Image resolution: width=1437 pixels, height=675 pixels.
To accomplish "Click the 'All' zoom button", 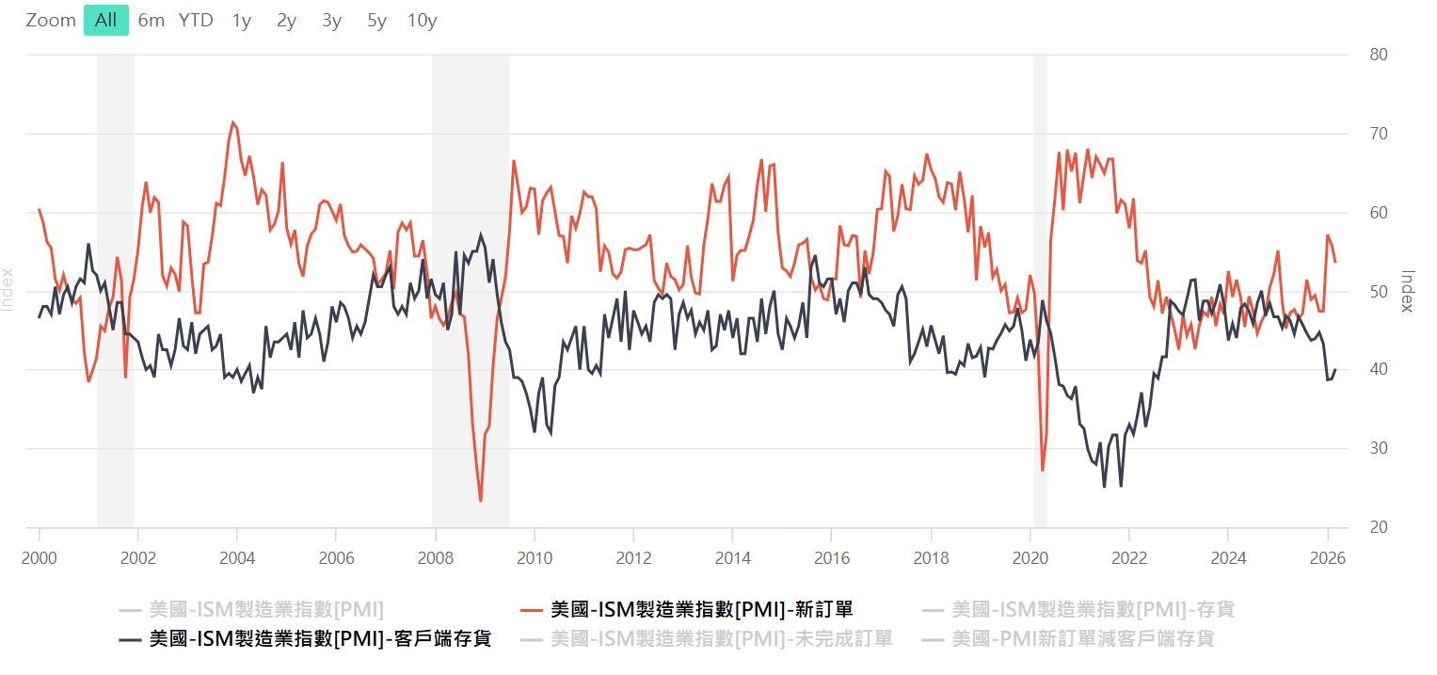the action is pyautogui.click(x=105, y=21).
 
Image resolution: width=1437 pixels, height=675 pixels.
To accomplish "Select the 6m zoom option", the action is pyautogui.click(x=152, y=21).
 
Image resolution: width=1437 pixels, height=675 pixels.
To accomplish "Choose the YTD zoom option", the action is pyautogui.click(x=196, y=21).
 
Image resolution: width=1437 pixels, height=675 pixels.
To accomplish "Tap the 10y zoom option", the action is pyautogui.click(x=423, y=21).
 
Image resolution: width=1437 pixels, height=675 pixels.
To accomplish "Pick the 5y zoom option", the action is pyautogui.click(x=376, y=21).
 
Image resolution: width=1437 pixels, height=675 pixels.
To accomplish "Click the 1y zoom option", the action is pyautogui.click(x=242, y=21).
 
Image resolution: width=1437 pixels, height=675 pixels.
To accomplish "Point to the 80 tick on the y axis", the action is pyautogui.click(x=1379, y=55).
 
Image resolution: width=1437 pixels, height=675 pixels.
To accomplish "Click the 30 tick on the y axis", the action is pyautogui.click(x=1379, y=448).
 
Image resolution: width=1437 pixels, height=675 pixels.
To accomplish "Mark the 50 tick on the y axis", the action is pyautogui.click(x=1379, y=292).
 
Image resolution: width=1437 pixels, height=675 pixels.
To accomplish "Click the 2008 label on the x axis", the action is pyautogui.click(x=436, y=558).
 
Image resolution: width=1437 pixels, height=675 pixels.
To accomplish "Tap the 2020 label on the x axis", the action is pyautogui.click(x=1030, y=558).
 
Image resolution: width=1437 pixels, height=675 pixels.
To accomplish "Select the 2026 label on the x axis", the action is pyautogui.click(x=1327, y=558).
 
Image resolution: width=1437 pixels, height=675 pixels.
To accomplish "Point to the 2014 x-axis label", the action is pyautogui.click(x=732, y=558).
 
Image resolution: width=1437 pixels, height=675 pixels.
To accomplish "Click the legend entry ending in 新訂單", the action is pyautogui.click(x=686, y=609).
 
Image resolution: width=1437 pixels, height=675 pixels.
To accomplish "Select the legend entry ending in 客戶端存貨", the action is pyautogui.click(x=305, y=638).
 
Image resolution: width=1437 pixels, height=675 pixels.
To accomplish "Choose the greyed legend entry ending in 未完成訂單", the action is pyautogui.click(x=707, y=638).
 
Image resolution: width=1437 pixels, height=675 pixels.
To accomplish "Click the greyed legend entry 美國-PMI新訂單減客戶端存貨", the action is pyautogui.click(x=1068, y=638).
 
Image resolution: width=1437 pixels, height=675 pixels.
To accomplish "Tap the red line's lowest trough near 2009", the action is pyautogui.click(x=481, y=501).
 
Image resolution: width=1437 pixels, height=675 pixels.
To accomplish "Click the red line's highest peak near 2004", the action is pyautogui.click(x=232, y=121).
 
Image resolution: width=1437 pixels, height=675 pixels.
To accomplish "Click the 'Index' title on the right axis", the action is pyautogui.click(x=1408, y=291).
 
